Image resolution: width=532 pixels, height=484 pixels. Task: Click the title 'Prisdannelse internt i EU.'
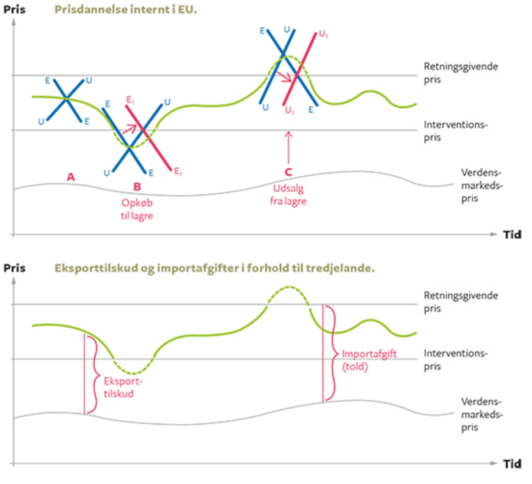pos(125,10)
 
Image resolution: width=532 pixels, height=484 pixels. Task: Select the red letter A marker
pos(70,177)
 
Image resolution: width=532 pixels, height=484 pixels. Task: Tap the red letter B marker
pos(137,187)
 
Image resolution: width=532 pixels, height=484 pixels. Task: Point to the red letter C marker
pos(288,172)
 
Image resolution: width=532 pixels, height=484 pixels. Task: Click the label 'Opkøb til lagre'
pos(137,209)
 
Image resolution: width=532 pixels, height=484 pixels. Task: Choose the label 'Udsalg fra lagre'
pos(288,195)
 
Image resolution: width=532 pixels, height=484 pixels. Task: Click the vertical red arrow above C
pos(288,147)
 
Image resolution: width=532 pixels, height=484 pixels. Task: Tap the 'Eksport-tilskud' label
pos(123,387)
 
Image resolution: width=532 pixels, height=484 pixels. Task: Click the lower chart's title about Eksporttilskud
pos(214,268)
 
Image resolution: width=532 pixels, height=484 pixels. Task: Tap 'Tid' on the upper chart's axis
pos(512,235)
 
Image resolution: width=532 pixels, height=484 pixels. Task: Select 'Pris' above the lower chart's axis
pos(14,268)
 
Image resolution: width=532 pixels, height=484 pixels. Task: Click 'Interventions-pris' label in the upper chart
pos(455,131)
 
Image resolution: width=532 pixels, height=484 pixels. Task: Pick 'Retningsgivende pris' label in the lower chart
pos(460,302)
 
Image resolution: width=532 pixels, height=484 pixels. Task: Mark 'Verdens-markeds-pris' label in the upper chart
pos(481,185)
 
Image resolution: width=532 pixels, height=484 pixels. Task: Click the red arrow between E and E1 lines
pos(130,129)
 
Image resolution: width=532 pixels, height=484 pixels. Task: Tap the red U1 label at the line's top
pos(323,34)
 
